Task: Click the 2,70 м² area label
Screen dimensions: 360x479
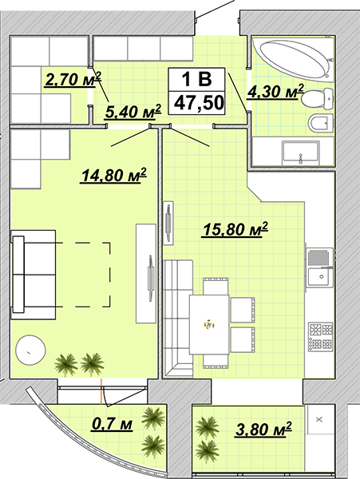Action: coord(73,79)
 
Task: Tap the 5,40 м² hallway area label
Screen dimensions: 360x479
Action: coord(133,111)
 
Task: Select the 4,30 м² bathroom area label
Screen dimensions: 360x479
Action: coord(275,92)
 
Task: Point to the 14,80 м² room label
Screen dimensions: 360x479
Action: coord(113,176)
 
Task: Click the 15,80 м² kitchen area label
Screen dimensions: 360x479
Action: coord(235,229)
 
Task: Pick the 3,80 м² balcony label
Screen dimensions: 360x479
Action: coord(263,430)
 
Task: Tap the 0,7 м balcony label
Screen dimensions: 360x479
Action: coord(112,424)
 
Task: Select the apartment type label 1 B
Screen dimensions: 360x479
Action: coord(196,79)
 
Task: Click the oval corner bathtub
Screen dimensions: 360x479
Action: coord(295,59)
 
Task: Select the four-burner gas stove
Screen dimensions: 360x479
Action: coord(321,337)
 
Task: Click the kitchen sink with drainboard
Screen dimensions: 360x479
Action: coord(321,268)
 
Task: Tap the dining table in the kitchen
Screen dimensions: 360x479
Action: coord(209,324)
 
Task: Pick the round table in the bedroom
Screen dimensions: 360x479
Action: coord(30,350)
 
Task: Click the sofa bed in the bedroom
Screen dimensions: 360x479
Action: coord(34,275)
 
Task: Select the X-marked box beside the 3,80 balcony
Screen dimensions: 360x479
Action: coord(320,420)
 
